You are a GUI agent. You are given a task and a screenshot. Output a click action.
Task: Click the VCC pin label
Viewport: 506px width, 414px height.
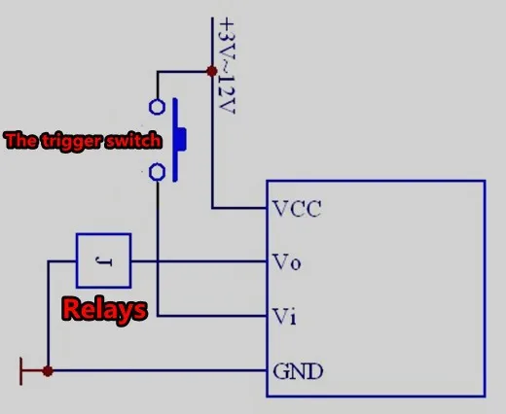point(297,209)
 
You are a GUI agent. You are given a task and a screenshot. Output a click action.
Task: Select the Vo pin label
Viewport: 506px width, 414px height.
point(287,261)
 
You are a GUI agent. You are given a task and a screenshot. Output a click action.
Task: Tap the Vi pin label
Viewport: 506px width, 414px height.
point(284,316)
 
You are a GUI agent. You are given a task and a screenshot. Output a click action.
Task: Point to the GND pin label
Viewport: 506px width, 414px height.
point(298,371)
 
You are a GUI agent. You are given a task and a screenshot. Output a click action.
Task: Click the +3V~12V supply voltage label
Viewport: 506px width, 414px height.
point(227,66)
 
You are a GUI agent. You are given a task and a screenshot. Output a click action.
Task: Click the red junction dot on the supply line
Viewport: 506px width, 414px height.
point(212,71)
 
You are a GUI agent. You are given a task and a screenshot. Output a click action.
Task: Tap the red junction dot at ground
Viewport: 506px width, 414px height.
point(48,371)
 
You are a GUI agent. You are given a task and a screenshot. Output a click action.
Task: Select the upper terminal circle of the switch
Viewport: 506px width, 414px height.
point(157,107)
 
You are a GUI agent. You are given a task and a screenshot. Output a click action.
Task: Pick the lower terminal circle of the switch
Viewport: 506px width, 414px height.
point(157,172)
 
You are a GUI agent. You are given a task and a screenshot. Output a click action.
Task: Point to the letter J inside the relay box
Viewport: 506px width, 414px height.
point(104,260)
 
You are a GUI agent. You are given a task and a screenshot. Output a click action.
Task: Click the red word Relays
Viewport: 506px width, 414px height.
point(104,309)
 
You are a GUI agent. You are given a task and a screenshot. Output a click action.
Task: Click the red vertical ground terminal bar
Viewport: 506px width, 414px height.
point(21,371)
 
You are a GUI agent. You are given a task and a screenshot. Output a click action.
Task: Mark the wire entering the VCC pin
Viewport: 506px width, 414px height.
point(239,208)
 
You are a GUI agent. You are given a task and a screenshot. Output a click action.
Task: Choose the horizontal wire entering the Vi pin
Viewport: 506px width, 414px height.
point(212,316)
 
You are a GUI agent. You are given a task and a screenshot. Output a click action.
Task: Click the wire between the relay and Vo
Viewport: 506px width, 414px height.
point(199,261)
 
